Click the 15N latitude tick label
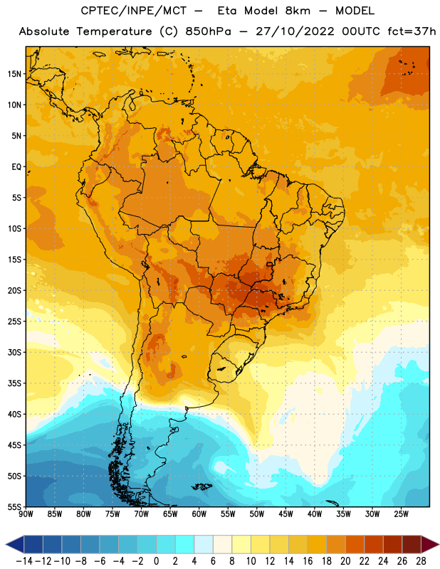pyautogui.click(x=14, y=74)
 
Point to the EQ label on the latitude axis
pyautogui.click(x=16, y=167)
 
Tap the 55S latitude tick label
pyautogui.click(x=14, y=506)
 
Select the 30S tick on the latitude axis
pyautogui.click(x=14, y=352)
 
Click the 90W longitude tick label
pyautogui.click(x=26, y=514)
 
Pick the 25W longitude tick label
pyautogui.click(x=401, y=514)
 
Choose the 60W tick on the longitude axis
pyautogui.click(x=199, y=514)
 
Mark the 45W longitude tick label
pyautogui.click(x=286, y=514)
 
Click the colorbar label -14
pyautogui.click(x=24, y=561)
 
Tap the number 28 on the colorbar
pyautogui.click(x=421, y=561)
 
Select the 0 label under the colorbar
pyautogui.click(x=157, y=561)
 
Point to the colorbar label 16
pyautogui.click(x=308, y=561)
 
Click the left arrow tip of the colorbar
pyautogui.click(x=6, y=544)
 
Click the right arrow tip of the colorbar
pyautogui.click(x=439, y=544)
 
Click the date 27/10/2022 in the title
pyautogui.click(x=295, y=31)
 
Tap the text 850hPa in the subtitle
pyautogui.click(x=208, y=31)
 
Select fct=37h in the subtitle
pyautogui.click(x=412, y=31)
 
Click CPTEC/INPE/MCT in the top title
pyautogui.click(x=134, y=11)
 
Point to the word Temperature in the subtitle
pyautogui.click(x=114, y=31)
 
